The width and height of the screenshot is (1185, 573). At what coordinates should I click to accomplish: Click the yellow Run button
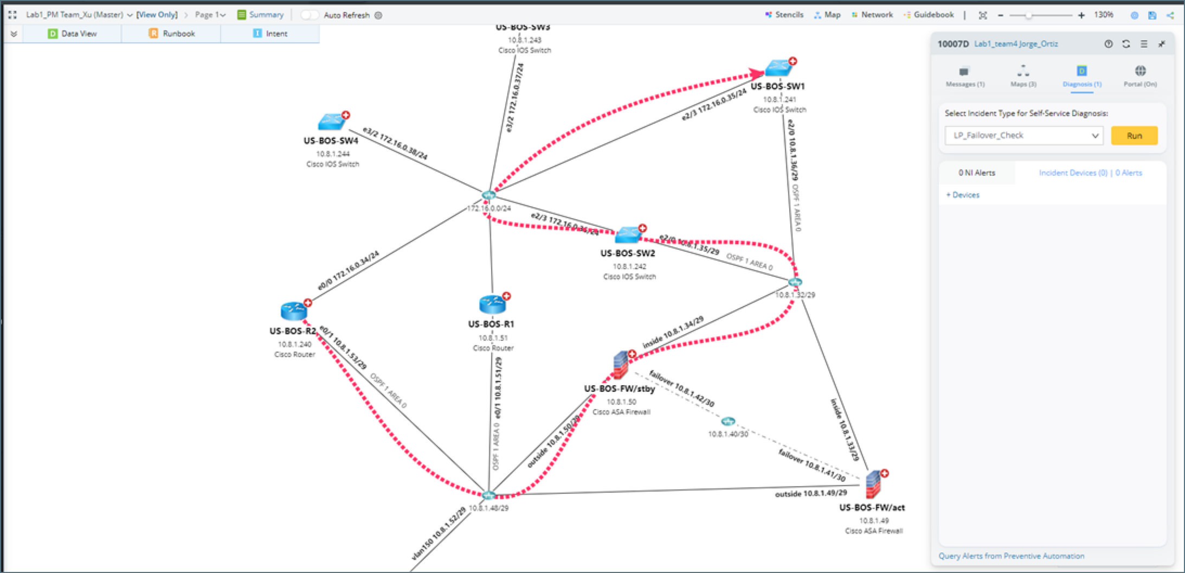[x=1134, y=136]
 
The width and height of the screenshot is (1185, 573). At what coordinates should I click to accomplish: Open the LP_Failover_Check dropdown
[x=1023, y=136]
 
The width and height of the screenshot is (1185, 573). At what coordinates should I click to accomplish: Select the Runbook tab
[x=172, y=34]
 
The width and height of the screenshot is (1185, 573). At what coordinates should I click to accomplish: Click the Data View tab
[x=73, y=34]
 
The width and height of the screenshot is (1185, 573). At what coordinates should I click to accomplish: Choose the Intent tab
[x=271, y=34]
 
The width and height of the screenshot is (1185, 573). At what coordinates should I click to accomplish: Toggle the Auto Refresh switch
[x=310, y=15]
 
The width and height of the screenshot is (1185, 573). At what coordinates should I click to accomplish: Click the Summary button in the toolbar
[x=260, y=15]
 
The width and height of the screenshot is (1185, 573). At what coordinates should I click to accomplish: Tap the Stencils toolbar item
[x=784, y=15]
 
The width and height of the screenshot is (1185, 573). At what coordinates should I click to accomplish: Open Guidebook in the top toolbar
[x=929, y=15]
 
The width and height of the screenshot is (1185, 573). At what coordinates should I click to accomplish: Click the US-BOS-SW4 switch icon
[x=332, y=122]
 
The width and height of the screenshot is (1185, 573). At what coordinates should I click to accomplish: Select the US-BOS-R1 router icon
[x=492, y=305]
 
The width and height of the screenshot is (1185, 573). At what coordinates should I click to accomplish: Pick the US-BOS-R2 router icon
[x=294, y=311]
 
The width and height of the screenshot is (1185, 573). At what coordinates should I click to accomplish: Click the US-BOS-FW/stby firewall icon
[x=621, y=365]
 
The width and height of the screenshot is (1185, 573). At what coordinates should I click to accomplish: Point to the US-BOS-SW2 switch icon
[x=628, y=235]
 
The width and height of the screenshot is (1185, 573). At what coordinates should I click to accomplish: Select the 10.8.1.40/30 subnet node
[x=727, y=421]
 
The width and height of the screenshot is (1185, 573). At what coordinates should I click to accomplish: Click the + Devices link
[x=963, y=195]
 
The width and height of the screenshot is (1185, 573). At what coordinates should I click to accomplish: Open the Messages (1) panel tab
[x=965, y=76]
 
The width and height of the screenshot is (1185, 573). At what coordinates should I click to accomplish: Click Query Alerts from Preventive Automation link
[x=1011, y=556]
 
